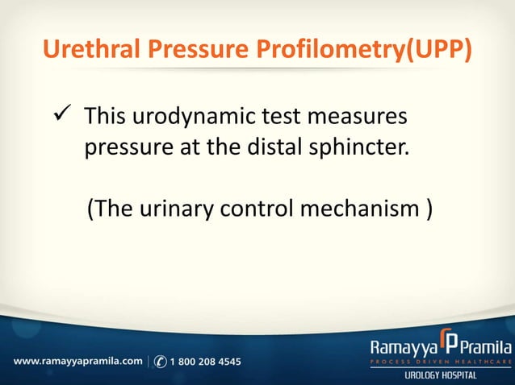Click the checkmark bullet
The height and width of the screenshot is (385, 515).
click(x=64, y=117)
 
